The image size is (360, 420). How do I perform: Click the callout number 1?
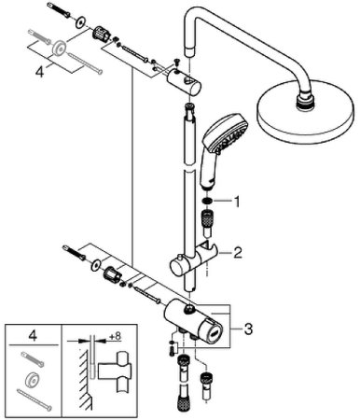point(239,200)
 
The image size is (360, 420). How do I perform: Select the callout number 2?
point(239,251)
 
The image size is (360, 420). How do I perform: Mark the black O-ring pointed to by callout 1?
point(211,201)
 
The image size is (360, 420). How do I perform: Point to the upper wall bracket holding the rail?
point(194,87)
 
